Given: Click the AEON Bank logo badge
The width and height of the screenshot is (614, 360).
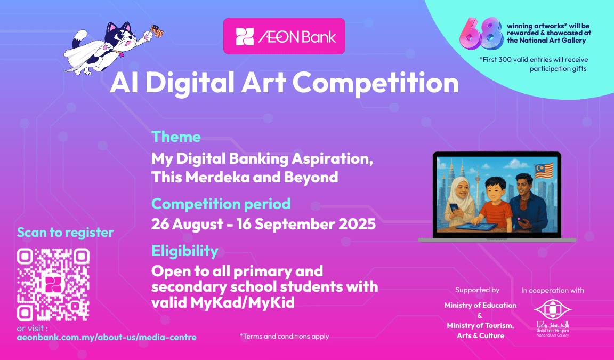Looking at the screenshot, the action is pyautogui.click(x=284, y=36).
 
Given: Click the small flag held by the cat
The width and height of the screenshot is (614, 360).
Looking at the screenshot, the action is pyautogui.click(x=157, y=31).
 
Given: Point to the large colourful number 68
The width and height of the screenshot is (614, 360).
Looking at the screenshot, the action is pyautogui.click(x=482, y=34).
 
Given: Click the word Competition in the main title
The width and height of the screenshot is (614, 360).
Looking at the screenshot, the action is pyautogui.click(x=375, y=83).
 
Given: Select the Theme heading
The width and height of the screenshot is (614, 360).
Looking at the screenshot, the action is pyautogui.click(x=176, y=137).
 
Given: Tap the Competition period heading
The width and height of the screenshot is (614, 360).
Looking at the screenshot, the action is pyautogui.click(x=221, y=204).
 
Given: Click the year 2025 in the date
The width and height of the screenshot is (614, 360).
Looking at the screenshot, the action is pyautogui.click(x=357, y=224).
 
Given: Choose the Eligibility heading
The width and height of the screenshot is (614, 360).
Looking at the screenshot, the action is pyautogui.click(x=185, y=251).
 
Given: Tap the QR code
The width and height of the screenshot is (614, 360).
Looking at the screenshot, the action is pyautogui.click(x=53, y=284).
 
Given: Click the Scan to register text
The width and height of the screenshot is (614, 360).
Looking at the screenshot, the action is pyautogui.click(x=65, y=233).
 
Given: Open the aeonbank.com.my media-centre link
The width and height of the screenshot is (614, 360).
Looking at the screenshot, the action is pyautogui.click(x=107, y=337).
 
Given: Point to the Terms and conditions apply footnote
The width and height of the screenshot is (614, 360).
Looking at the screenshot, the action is pyautogui.click(x=284, y=336).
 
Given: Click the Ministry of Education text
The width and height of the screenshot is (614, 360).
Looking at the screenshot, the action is pyautogui.click(x=480, y=305).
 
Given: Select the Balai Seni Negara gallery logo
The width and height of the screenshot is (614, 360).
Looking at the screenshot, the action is pyautogui.click(x=553, y=318).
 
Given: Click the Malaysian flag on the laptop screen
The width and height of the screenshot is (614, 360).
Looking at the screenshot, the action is pyautogui.click(x=544, y=171).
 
